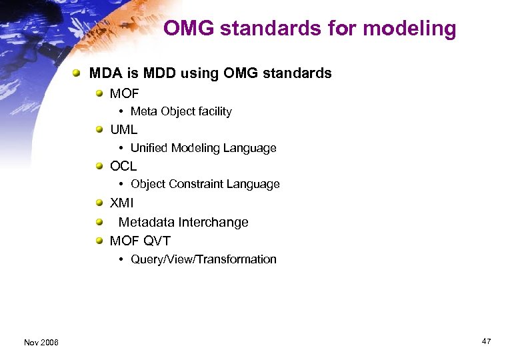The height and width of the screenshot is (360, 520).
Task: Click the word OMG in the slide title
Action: pyautogui.click(x=189, y=29)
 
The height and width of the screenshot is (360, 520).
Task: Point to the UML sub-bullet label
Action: pyautogui.click(x=123, y=130)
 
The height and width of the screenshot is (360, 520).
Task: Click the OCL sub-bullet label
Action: pyautogui.click(x=123, y=166)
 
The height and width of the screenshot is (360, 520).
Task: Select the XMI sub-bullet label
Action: pyautogui.click(x=122, y=203)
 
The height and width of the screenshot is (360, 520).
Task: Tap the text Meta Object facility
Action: pyautogui.click(x=181, y=112)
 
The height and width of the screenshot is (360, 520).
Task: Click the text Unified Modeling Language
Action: pyautogui.click(x=203, y=148)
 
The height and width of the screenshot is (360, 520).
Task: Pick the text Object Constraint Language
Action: pyautogui.click(x=205, y=184)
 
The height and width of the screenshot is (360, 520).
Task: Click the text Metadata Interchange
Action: pyautogui.click(x=183, y=222)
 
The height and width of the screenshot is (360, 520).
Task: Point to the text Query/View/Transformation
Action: pyautogui.click(x=203, y=259)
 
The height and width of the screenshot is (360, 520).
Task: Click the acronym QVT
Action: pyautogui.click(x=157, y=241)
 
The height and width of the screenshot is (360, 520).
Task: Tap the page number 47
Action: pyautogui.click(x=486, y=341)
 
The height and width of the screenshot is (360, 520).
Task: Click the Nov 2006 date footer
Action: pyautogui.click(x=41, y=342)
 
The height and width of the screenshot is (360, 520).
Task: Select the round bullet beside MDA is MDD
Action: pyautogui.click(x=78, y=73)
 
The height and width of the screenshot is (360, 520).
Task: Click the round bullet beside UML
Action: pyautogui.click(x=99, y=129)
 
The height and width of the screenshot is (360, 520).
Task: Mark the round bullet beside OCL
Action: pyautogui.click(x=99, y=166)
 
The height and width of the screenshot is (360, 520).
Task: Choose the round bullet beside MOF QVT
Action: pyautogui.click(x=99, y=241)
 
